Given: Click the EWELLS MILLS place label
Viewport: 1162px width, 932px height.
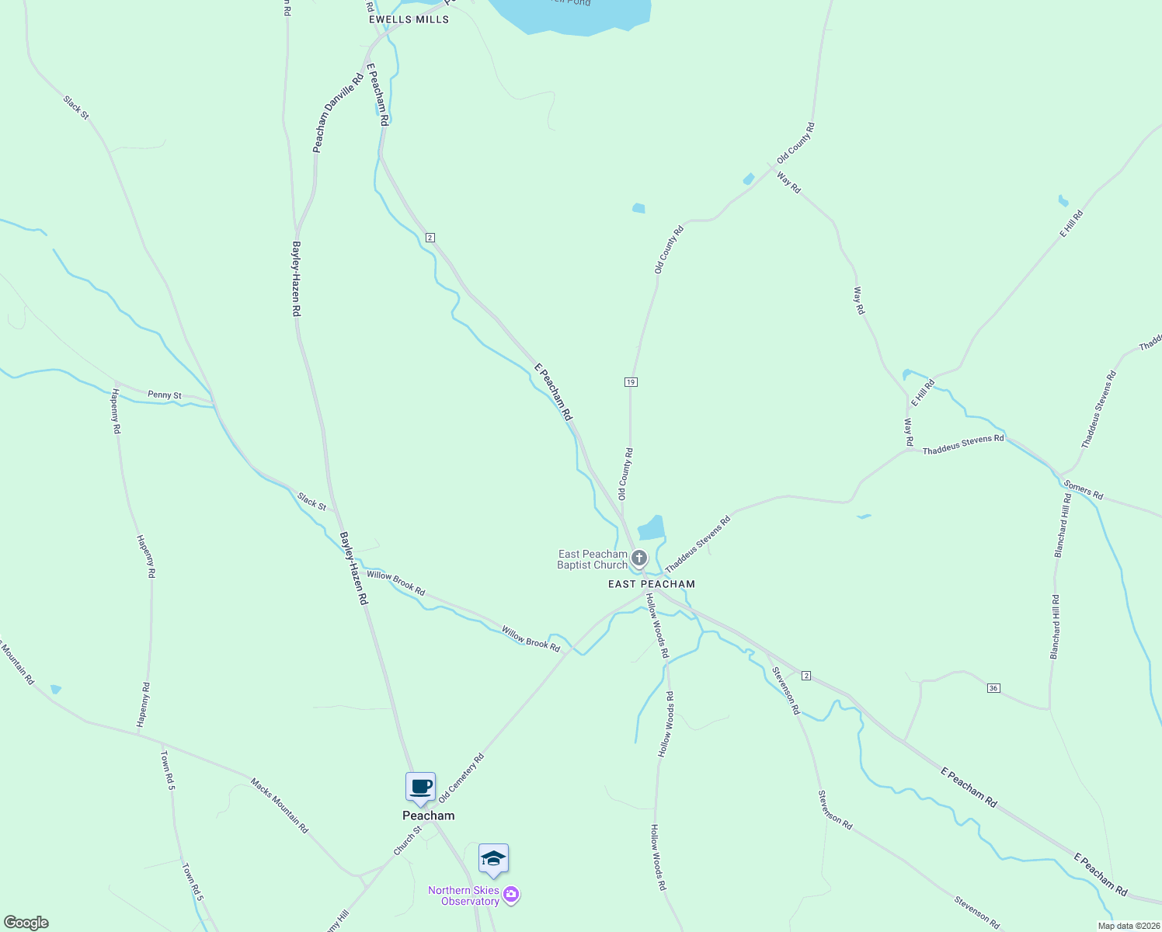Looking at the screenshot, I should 409,19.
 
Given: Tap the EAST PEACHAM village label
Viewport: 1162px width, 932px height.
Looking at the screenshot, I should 652,584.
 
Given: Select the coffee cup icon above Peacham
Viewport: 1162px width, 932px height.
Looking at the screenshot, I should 420,787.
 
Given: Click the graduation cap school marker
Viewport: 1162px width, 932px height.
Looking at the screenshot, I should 493,859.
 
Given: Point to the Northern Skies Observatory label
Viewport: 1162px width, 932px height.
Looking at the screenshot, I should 464,895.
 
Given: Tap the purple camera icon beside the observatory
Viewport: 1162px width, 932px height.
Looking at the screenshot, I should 511,895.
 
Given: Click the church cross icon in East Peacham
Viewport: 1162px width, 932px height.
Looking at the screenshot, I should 638,558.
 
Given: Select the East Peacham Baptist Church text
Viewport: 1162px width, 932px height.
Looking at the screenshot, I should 592,559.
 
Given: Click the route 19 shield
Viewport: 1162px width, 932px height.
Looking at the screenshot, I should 630,382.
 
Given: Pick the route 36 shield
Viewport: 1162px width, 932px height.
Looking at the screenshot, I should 993,688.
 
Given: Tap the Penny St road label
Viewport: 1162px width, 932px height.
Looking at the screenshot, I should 165,395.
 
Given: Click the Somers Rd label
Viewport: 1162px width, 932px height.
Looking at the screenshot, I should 1084,489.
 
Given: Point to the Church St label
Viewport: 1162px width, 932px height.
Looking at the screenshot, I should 407,841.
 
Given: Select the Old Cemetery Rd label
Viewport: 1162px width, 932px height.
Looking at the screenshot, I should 461,777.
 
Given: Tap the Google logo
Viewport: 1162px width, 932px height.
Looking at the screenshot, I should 26,923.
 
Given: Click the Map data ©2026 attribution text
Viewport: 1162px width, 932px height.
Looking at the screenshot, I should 1128,926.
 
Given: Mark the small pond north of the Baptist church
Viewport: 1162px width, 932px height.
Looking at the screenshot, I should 651,529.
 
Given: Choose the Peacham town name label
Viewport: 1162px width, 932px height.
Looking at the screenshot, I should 428,815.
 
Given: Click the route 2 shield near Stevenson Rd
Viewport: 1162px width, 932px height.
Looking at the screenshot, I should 806,676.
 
